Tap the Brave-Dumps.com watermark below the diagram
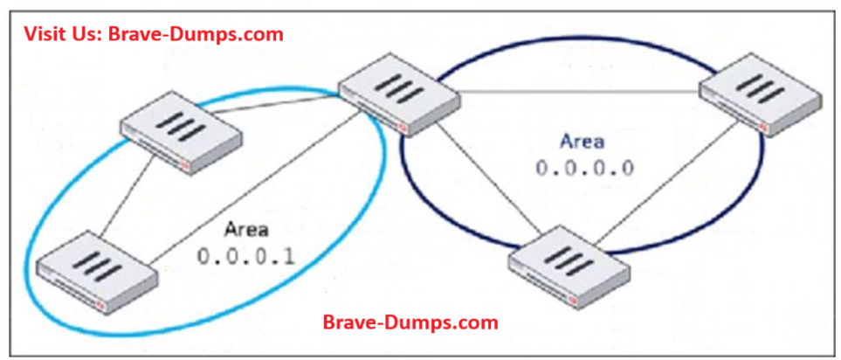coord(410,322)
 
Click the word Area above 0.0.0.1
coord(247,232)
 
